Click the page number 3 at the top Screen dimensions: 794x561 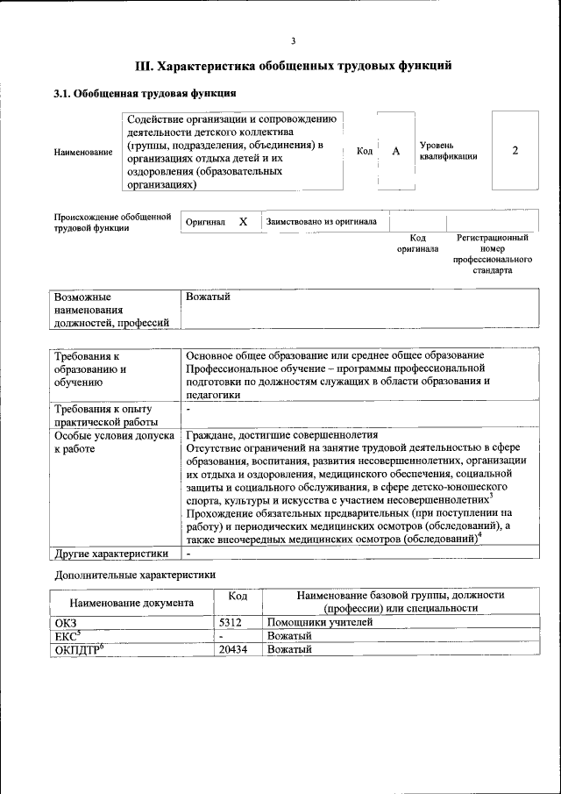click(x=294, y=40)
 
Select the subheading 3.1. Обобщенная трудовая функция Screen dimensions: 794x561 click(x=145, y=92)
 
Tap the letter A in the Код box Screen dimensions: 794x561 click(x=395, y=151)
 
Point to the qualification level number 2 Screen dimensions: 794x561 click(x=515, y=150)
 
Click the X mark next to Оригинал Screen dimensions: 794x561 click(x=244, y=222)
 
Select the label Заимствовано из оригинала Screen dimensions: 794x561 click(x=322, y=222)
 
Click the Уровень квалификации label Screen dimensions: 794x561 click(x=448, y=150)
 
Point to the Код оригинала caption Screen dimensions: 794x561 click(x=417, y=243)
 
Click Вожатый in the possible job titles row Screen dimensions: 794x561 click(x=208, y=297)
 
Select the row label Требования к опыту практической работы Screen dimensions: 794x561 click(x=103, y=415)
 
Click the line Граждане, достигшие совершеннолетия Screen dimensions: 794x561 click(x=281, y=434)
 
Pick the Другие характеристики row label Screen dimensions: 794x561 click(x=111, y=554)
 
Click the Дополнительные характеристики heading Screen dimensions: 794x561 click(x=135, y=576)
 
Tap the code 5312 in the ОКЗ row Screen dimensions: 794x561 click(x=230, y=622)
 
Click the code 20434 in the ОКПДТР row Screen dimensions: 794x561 click(x=232, y=649)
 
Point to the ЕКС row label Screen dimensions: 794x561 click(x=67, y=635)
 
